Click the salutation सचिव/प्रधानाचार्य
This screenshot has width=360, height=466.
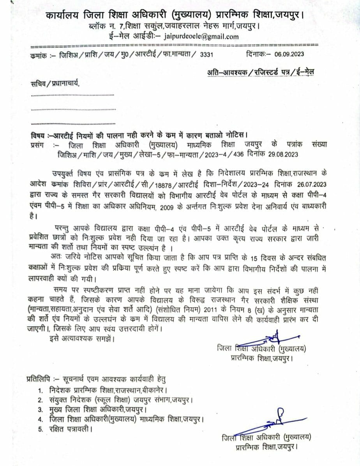(x=55, y=83)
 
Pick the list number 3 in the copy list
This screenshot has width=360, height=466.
(x=40, y=410)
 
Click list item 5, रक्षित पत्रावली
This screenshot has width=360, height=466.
(x=71, y=429)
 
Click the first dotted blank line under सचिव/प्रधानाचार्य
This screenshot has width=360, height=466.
(x=72, y=95)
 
